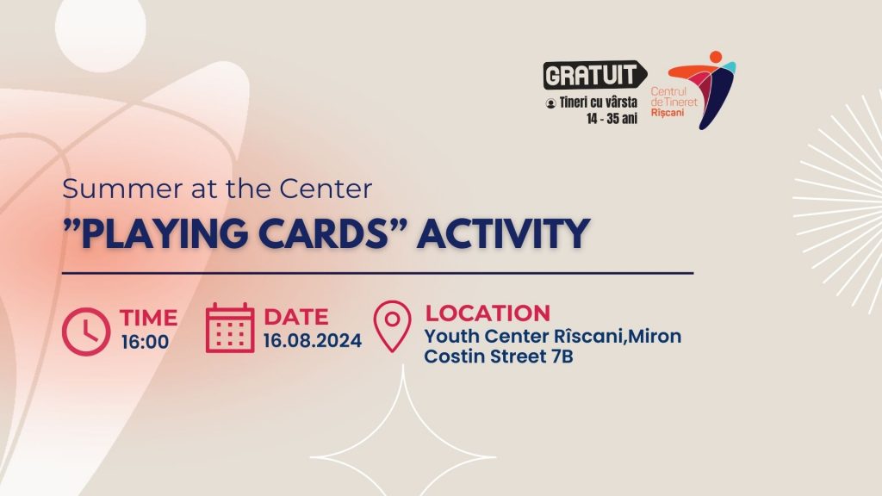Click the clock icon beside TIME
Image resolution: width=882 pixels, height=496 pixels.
(86, 332)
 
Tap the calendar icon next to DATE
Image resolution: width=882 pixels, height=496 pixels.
(229, 328)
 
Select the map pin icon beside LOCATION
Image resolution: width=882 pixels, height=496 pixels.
(392, 326)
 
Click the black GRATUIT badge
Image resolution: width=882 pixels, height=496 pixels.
(594, 75)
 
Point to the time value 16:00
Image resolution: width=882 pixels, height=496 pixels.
(145, 341)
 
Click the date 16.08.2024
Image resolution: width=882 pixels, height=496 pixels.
(312, 341)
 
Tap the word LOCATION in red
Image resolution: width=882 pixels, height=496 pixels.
(488, 313)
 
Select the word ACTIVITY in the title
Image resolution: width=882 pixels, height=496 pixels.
(503, 233)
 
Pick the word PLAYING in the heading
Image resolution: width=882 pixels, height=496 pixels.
(164, 233)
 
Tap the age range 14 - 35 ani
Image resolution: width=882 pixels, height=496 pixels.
(612, 119)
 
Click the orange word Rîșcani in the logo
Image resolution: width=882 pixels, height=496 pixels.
(668, 113)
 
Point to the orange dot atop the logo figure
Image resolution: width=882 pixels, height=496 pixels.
(716, 58)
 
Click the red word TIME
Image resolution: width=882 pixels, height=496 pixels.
(148, 318)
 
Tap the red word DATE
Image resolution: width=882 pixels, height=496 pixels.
(296, 317)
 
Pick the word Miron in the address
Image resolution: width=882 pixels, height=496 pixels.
(655, 337)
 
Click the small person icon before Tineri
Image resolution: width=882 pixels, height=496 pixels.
(550, 103)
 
